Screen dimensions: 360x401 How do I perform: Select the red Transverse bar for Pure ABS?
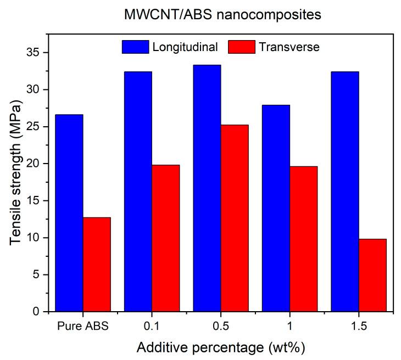coord(97,265)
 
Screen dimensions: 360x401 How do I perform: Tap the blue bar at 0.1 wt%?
coord(138,192)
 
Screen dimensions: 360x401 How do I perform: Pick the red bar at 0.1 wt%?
coord(165,238)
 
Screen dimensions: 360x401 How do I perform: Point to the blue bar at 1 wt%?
coord(276,208)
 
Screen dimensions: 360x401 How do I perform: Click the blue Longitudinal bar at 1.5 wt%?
coord(345,192)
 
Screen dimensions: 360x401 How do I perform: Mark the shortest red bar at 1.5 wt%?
coord(372,275)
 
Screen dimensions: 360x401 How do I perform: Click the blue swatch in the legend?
coord(135,47)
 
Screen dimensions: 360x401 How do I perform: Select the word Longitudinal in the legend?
coord(185,47)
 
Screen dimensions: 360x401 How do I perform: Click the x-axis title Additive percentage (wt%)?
coord(221,347)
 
